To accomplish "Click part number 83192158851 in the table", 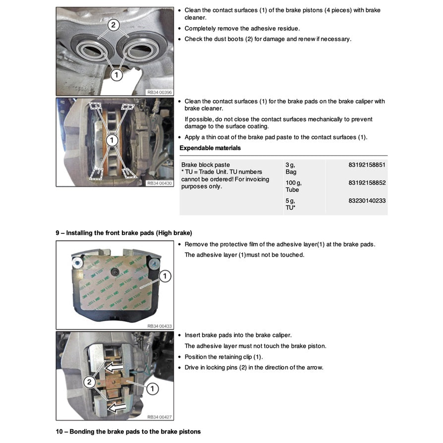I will tap(367, 165).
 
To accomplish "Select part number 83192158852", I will tap(367, 183).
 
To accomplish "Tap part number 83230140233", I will tap(367, 201).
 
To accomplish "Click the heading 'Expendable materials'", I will tap(210, 148).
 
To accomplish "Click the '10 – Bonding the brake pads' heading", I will tap(128, 432).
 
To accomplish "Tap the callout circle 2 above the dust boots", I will tap(113, 25).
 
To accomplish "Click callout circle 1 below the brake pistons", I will tap(116, 75).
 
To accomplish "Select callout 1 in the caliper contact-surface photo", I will tap(112, 141).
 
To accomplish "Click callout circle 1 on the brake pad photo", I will tap(165, 276).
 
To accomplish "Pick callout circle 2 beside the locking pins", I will tap(89, 382).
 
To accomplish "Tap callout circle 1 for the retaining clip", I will tap(152, 388).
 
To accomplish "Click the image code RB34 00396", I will tap(159, 92).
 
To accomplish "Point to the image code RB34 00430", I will tap(159, 183).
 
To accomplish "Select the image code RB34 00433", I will tap(159, 326).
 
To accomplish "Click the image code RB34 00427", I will tap(159, 417).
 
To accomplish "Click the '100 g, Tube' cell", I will tap(293, 186).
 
